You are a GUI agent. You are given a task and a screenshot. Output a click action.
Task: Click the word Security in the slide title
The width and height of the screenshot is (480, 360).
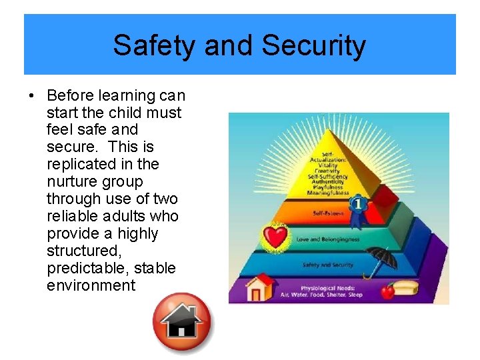coord(313,45)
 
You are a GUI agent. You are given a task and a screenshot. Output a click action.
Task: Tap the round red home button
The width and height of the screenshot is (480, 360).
coord(181,323)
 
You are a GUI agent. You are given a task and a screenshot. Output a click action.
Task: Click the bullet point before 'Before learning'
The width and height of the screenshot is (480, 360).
coord(31,95)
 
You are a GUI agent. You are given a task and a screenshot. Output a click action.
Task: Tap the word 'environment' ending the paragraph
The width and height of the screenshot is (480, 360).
coord(91,285)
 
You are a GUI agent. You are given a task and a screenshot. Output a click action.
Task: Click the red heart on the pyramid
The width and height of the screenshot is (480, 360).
coord(273,236)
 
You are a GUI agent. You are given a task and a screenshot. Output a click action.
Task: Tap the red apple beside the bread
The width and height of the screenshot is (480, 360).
coord(387,291)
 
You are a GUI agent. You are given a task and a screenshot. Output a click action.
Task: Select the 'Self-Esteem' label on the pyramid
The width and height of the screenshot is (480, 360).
coord(327,213)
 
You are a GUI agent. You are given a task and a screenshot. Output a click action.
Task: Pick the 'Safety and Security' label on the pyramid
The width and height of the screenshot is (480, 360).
coord(329,265)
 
